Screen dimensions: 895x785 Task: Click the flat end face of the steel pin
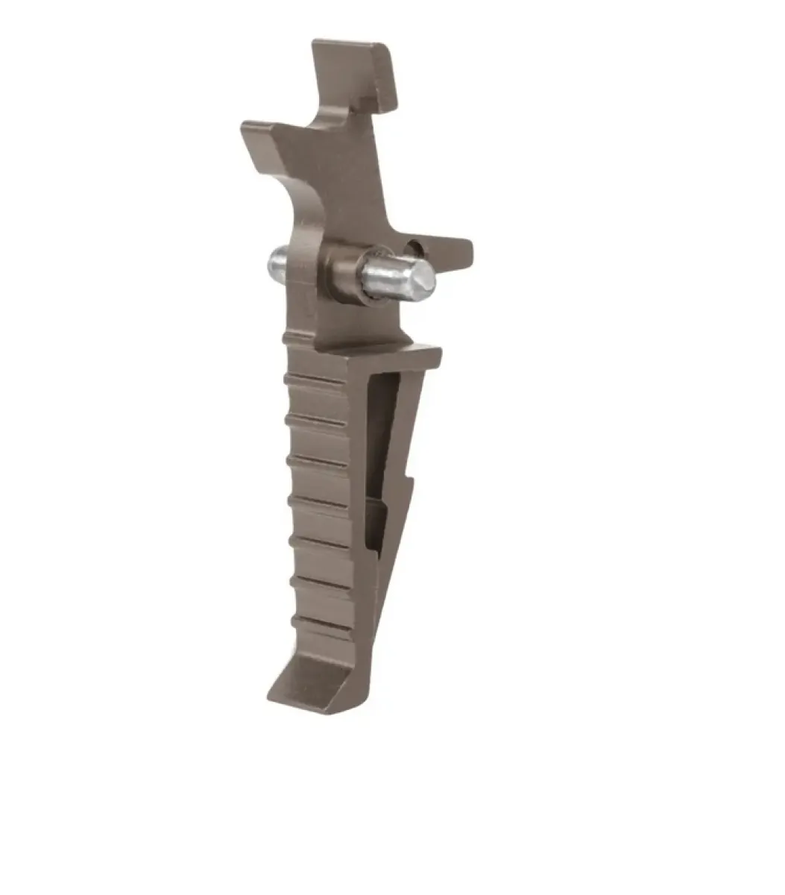pyautogui.click(x=417, y=278)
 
